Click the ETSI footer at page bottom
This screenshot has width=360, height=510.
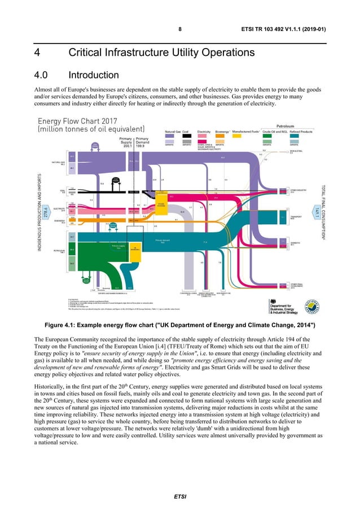click(179, 496)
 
